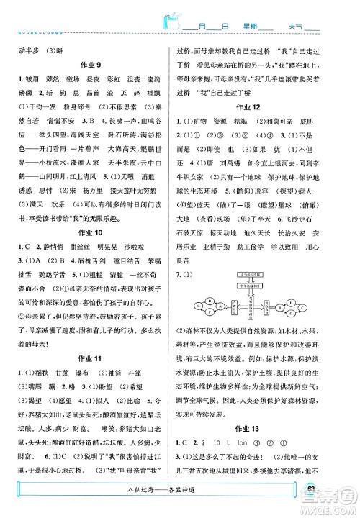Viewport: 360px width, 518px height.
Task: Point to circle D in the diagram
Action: [210, 301]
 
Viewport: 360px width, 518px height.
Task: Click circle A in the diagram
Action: [220, 306]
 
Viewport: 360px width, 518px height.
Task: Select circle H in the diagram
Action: [289, 302]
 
